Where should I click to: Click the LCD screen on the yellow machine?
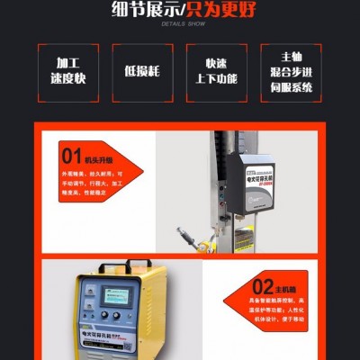pyautogui.click(x=114, y=298)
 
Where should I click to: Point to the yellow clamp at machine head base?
pyautogui.click(x=203, y=239)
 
